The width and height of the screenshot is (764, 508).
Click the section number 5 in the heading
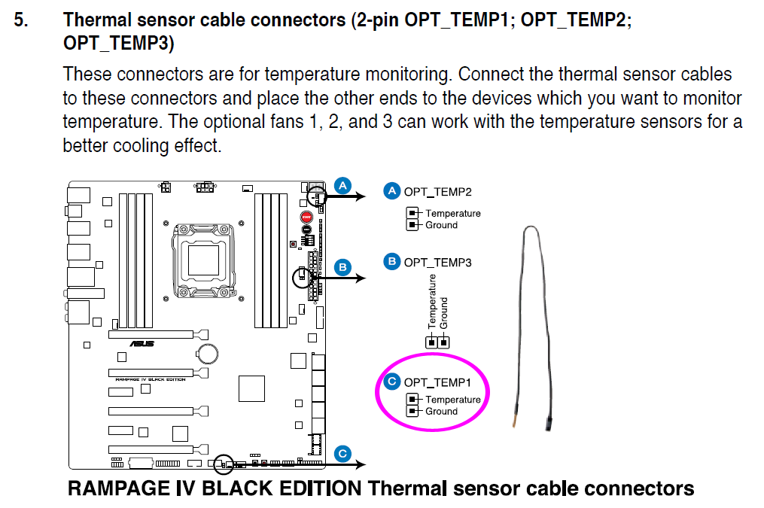pos(20,20)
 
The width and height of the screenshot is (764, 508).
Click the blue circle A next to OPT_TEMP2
pos(391,191)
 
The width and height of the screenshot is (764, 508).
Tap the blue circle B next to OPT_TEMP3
pos(391,262)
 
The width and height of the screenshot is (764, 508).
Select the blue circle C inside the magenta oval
pos(391,382)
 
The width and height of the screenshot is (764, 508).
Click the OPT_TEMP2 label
pos(437,192)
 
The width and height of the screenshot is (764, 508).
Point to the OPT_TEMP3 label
pos(437,263)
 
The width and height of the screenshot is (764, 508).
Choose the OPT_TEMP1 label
pos(437,383)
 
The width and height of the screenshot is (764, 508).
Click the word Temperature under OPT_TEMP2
pos(452,214)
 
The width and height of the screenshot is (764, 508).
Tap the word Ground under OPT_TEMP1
pos(441,412)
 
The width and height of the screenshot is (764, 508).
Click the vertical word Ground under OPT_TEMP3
pos(444,312)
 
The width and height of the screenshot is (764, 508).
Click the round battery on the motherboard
pos(208,352)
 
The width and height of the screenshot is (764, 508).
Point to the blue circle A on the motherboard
pos(342,184)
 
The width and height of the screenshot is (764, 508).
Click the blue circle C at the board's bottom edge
pos(342,453)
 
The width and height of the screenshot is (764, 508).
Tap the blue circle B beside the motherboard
pos(342,266)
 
